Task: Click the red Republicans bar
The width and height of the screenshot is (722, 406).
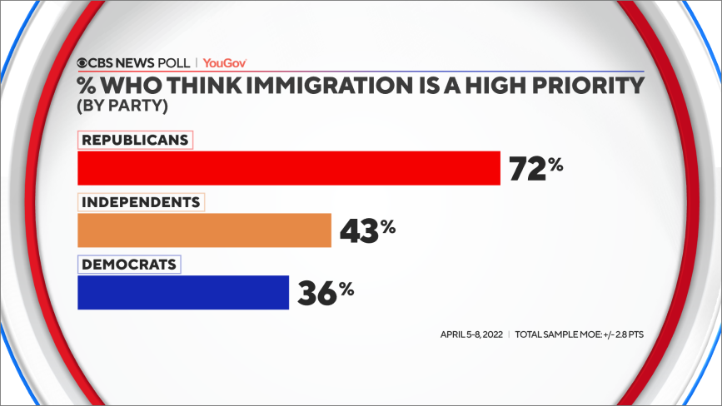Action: pos(288,168)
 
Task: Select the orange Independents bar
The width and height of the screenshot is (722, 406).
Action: pos(204,230)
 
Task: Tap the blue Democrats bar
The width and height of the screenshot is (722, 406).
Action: pos(183,292)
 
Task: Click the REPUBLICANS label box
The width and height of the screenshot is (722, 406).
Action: pos(135,140)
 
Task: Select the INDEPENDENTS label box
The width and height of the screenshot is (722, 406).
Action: pos(141,202)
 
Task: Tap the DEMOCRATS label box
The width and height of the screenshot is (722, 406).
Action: pos(129,265)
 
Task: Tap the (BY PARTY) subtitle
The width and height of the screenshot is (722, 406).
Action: pos(119,106)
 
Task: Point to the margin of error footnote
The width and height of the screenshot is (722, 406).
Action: pos(580,334)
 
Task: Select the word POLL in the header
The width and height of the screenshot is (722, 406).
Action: pos(173,62)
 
